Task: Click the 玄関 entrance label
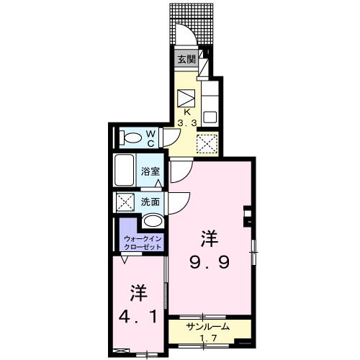point(186,59)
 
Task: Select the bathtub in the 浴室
point(124,170)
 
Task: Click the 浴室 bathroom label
point(150,171)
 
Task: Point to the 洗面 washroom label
point(150,202)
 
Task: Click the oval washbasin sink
point(153,221)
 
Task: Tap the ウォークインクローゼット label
point(143,243)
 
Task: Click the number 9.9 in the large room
point(210,262)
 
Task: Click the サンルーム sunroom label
point(208,327)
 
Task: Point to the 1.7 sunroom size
point(209,338)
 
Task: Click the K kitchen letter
point(186,112)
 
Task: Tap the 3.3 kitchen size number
point(187,123)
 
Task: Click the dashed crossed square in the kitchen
point(207,143)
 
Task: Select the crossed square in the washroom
point(125,202)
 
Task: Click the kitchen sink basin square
point(210,118)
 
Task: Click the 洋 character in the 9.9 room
point(210,239)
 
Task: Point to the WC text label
point(150,138)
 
